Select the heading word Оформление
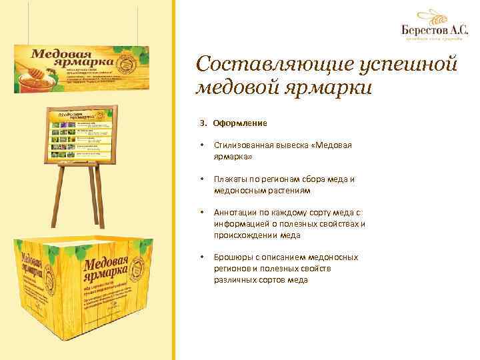click(x=241, y=123)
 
